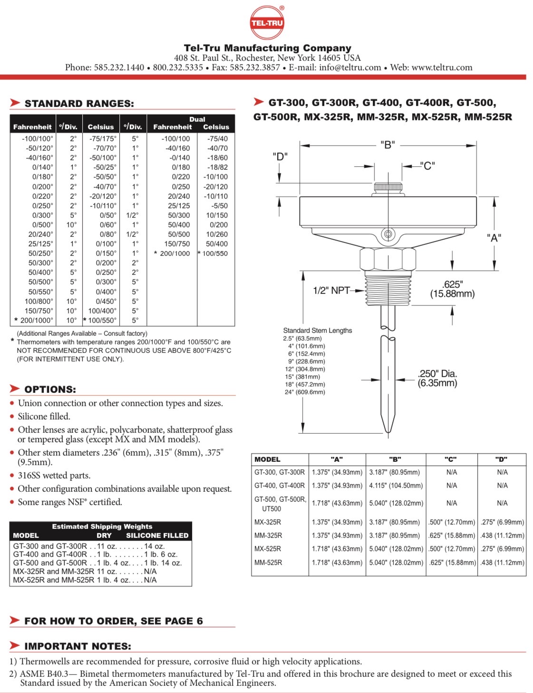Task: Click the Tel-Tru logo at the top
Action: pos(267,22)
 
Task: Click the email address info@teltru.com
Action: pos(350,68)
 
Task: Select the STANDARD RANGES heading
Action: pos(79,104)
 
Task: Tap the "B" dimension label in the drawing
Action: pos(388,145)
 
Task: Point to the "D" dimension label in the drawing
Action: pos(280,156)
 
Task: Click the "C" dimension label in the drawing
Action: pos(427,166)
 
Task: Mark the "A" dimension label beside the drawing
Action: pos(494,238)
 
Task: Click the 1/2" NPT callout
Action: pos(331,290)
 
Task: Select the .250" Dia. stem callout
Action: pos(437,378)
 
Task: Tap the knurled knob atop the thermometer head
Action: pos(388,187)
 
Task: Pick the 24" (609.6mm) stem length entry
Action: pos(305,392)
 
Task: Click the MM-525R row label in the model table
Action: pos(268,562)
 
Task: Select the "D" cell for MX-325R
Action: pos(502,522)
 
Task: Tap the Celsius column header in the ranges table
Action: pos(101,127)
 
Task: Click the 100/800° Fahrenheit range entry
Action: pos(39,301)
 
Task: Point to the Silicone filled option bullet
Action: pos(44,417)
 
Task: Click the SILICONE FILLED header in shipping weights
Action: pos(157,536)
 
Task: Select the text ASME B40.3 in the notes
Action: pos(45,674)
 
